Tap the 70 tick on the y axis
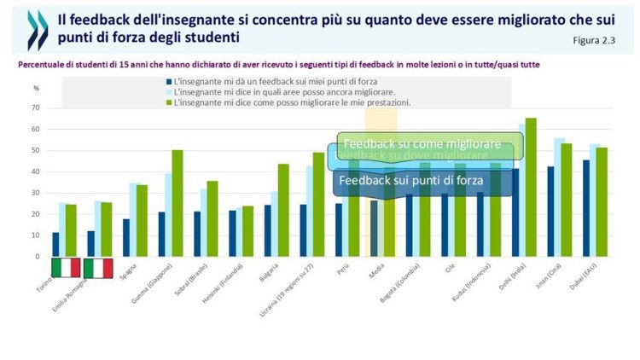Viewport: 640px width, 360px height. coord(36,108)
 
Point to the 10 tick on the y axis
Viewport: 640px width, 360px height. coord(36,235)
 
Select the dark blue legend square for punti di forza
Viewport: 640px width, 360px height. coord(169,81)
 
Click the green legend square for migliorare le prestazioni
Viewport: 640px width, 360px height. coord(169,102)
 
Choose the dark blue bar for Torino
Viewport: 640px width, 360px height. coord(55,244)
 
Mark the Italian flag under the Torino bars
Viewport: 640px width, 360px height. coord(66,268)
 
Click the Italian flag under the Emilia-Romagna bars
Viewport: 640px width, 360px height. coord(98,268)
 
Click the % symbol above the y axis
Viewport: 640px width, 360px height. coord(36,88)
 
